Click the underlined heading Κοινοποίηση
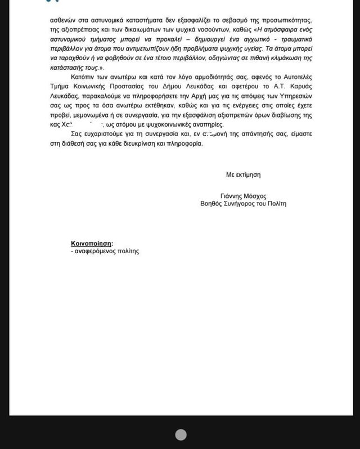[x=91, y=243]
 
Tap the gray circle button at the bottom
[x=181, y=434]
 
